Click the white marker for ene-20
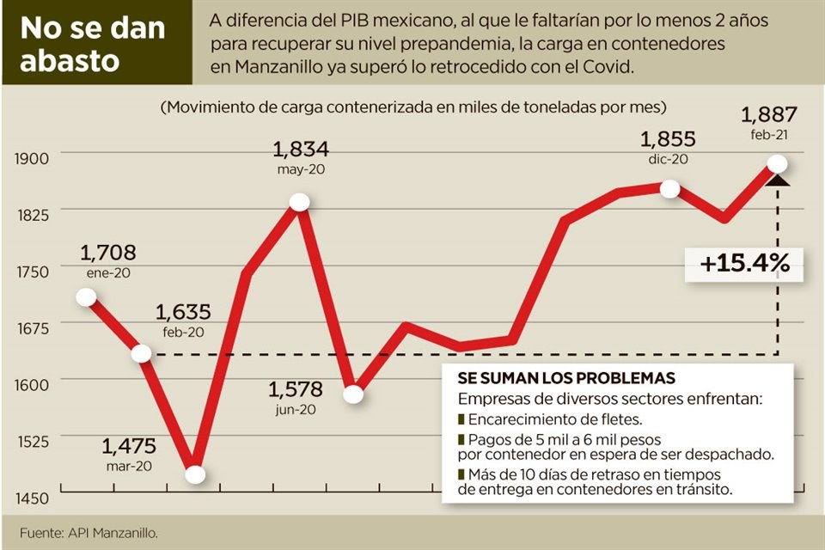point(86,297)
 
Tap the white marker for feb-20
point(141,354)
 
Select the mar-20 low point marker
point(195,474)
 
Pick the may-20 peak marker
point(299,202)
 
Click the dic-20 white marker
point(670,189)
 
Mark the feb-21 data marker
point(778,163)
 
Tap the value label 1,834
point(302,149)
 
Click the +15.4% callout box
point(745,264)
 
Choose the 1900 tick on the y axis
point(31,156)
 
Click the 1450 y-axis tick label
point(31,498)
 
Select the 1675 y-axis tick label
point(31,327)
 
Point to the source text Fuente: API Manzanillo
point(89,532)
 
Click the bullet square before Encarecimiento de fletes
point(461,419)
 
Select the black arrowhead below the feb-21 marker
point(778,178)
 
